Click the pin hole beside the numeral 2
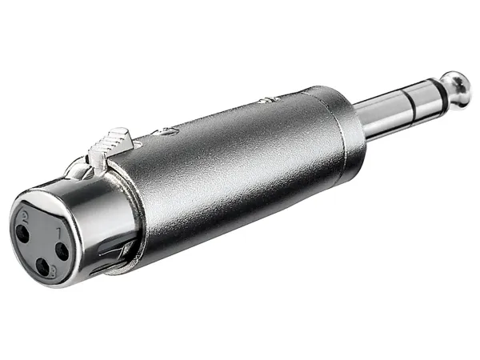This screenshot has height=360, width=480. click(x=22, y=233)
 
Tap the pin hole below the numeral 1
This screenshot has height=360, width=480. click(x=62, y=252)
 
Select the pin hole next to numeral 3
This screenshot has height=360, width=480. click(x=42, y=267)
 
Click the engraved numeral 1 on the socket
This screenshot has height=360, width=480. click(x=59, y=234)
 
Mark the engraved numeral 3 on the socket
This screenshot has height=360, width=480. click(x=54, y=271)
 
